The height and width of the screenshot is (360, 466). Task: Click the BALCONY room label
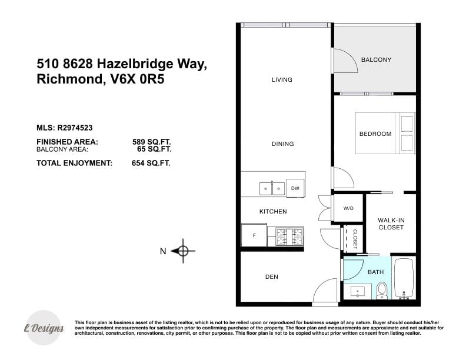(376, 59)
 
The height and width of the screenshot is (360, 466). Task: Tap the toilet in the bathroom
(382, 291)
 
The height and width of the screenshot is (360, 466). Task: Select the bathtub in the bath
(404, 279)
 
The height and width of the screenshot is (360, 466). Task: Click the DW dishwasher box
(295, 188)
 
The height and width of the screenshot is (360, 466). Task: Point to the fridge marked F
(254, 235)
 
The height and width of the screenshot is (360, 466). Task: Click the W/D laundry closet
(348, 208)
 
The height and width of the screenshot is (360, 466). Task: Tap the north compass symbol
(183, 251)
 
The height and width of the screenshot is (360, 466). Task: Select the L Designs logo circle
(44, 328)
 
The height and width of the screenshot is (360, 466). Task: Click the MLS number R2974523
(75, 128)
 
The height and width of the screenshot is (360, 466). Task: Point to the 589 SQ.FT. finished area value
(152, 142)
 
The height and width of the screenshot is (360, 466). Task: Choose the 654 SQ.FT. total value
(151, 163)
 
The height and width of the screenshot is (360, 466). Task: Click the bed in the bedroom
(385, 133)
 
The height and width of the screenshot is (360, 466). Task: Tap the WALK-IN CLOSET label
(391, 224)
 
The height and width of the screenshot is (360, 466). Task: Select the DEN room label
(272, 277)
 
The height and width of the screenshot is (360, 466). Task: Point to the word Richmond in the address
(69, 79)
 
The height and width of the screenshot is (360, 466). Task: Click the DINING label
(282, 144)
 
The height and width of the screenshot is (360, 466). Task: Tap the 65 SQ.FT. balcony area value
(154, 149)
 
